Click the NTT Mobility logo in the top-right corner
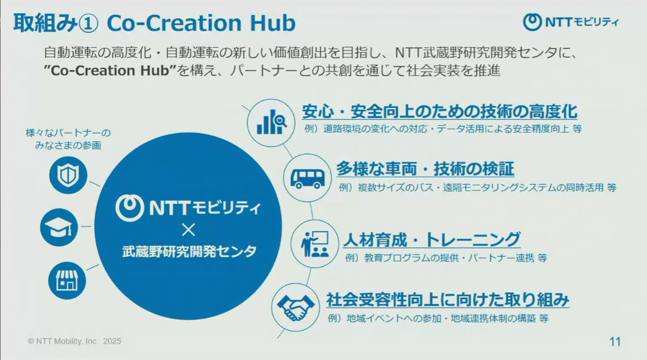coord(570,22)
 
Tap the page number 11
coord(615,342)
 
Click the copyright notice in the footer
coord(74,341)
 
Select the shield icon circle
coord(68,175)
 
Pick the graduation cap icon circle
coord(59,227)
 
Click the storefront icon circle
coord(67,281)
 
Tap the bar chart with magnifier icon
coord(271,123)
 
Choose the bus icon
coord(307,178)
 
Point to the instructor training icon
coord(314,244)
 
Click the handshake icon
coord(295,307)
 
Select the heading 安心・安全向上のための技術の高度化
coord(439,112)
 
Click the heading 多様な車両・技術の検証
coord(425,169)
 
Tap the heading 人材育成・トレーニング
coord(432,239)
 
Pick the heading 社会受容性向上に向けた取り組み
coord(448,300)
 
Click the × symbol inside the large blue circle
coord(188,230)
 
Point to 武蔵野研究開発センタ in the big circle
coord(189,252)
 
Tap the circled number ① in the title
coord(88,24)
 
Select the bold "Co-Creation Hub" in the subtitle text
coord(111,71)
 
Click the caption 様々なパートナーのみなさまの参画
coord(68,139)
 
